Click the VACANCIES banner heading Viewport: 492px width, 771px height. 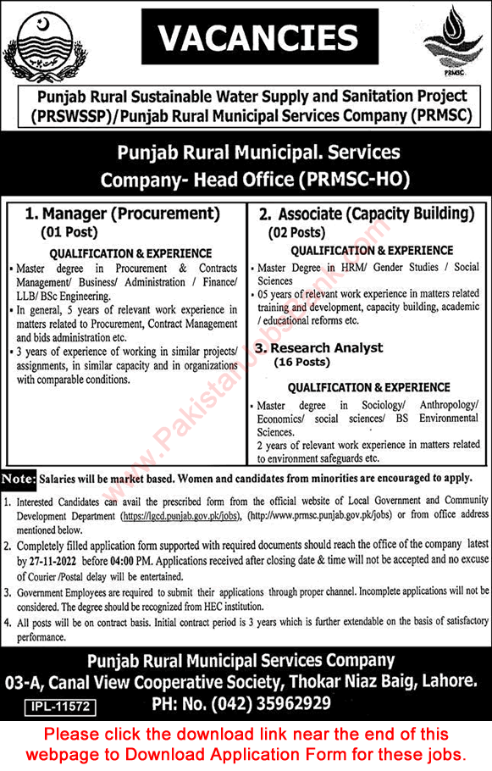[x=245, y=37]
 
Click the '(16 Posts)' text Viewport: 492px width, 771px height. [x=301, y=362]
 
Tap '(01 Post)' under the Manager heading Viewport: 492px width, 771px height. [x=69, y=230]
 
